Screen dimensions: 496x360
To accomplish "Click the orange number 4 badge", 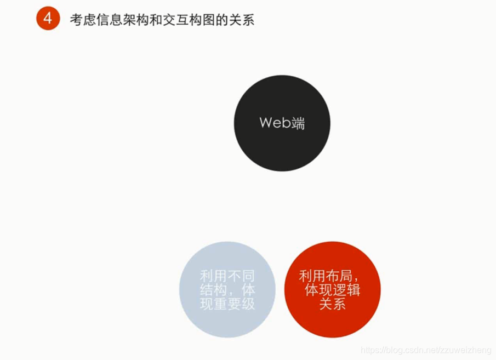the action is [48, 19].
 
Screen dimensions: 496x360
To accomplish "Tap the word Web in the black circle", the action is [275, 123].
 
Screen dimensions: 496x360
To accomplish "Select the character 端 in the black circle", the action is [298, 123].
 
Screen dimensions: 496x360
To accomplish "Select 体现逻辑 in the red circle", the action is [333, 290].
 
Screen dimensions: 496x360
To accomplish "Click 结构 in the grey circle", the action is [213, 290].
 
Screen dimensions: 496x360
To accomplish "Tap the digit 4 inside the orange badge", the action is [48, 19].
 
